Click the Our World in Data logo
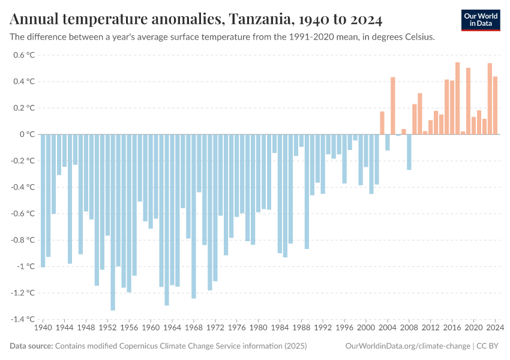pyautogui.click(x=480, y=20)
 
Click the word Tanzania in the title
pyautogui.click(x=259, y=20)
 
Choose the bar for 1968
pyautogui.click(x=194, y=216)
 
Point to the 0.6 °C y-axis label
pyautogui.click(x=24, y=55)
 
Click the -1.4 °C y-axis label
pyautogui.click(x=22, y=319)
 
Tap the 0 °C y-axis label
pyautogui.click(x=28, y=134)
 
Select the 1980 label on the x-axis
pyautogui.click(x=259, y=328)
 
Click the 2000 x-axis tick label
pyautogui.click(x=366, y=328)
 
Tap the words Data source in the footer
pyautogui.click(x=31, y=346)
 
